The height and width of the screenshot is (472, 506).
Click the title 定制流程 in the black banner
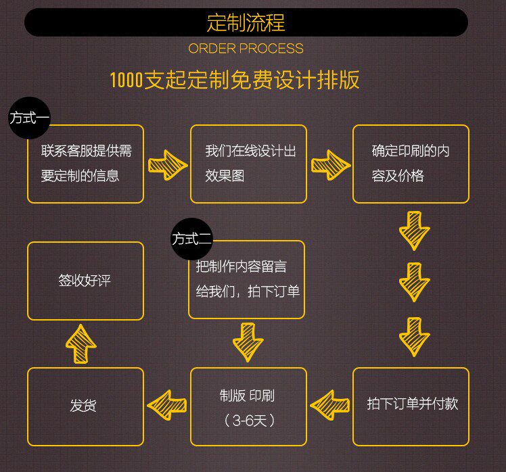click(x=246, y=23)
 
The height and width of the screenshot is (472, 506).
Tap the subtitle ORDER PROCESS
click(x=246, y=49)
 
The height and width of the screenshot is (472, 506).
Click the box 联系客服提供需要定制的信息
click(x=85, y=164)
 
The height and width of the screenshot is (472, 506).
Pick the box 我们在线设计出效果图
click(x=248, y=164)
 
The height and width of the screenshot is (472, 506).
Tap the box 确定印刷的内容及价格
click(x=411, y=164)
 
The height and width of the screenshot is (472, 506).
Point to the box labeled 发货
click(x=85, y=406)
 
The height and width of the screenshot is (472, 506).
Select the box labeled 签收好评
click(x=85, y=281)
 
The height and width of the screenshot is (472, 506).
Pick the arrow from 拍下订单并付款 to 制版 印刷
click(x=330, y=405)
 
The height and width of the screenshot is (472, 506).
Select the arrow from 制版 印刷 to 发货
click(x=167, y=405)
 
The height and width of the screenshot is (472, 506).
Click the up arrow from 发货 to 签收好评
click(x=80, y=344)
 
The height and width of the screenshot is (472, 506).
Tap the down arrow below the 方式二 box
click(x=248, y=342)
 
